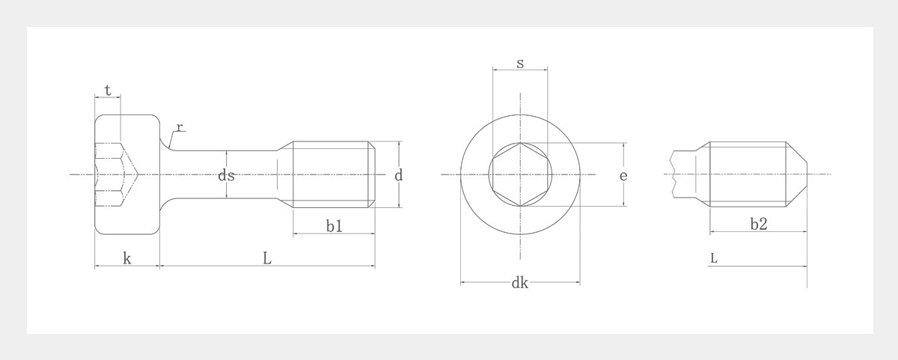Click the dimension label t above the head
pyautogui.click(x=108, y=91)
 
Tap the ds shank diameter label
pyautogui.click(x=226, y=176)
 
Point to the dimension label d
pyautogui.click(x=399, y=176)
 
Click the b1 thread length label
pyautogui.click(x=334, y=225)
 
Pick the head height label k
pyautogui.click(x=126, y=258)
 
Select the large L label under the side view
pyautogui.click(x=267, y=258)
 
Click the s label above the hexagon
pyautogui.click(x=519, y=63)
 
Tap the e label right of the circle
pyautogui.click(x=623, y=176)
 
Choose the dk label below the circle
pyautogui.click(x=519, y=283)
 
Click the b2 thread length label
pyautogui.click(x=758, y=224)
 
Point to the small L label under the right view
pyautogui.click(x=714, y=258)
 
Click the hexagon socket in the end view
pyautogui.click(x=519, y=174)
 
